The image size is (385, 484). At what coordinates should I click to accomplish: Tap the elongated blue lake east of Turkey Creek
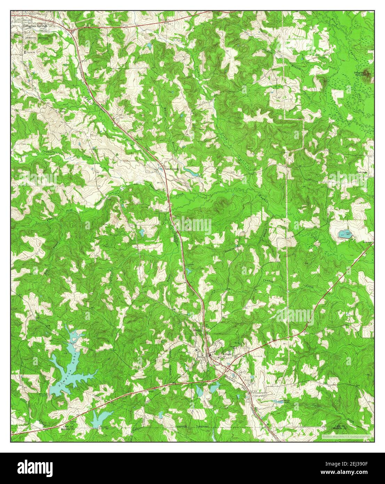pos(190,171)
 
